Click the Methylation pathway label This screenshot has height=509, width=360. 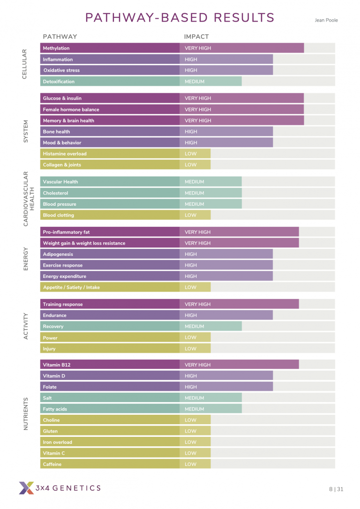pos(56,48)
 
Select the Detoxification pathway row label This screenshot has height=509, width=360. pos(59,82)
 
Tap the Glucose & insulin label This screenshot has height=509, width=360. pos(61,98)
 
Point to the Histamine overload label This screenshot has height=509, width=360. pos(65,154)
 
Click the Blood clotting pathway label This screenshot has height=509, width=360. pos(58,215)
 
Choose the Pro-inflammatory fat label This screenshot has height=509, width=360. pos(66,232)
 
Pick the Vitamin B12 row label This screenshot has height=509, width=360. pos(57,365)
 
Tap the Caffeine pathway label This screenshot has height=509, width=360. pos(52,464)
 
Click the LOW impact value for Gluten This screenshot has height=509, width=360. pos(190,431)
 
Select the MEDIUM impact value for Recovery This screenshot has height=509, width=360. pos(194,327)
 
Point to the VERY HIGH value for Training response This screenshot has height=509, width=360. pos(198,304)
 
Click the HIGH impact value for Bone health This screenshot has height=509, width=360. pos(191,132)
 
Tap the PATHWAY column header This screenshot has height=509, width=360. pos(60,37)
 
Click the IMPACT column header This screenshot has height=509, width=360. pos(196,37)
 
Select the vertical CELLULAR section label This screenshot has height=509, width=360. pos(25,64)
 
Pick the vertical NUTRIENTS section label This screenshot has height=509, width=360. pos(26,414)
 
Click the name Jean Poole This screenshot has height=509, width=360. pos(326,20)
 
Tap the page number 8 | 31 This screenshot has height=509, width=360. pos(336,489)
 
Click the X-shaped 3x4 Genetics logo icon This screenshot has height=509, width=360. pos(26,488)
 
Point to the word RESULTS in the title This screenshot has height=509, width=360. pos(244,18)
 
